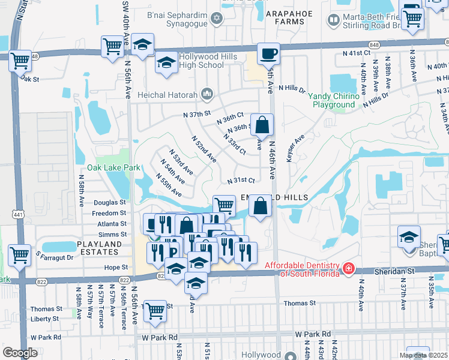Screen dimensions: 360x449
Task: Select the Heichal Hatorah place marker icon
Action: pyautogui.click(x=208, y=93)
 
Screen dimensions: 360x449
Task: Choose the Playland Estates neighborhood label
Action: pyautogui.click(x=100, y=248)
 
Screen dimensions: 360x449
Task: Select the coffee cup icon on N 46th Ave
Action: pyautogui.click(x=268, y=54)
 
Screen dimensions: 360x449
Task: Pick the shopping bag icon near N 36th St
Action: pyautogui.click(x=262, y=125)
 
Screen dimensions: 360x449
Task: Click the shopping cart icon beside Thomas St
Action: pyautogui.click(x=155, y=310)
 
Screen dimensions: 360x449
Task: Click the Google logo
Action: pyautogui.click(x=20, y=353)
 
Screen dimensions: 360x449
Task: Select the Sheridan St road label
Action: pyautogui.click(x=411, y=271)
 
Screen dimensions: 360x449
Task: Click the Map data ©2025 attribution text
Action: pyautogui.click(x=423, y=355)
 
